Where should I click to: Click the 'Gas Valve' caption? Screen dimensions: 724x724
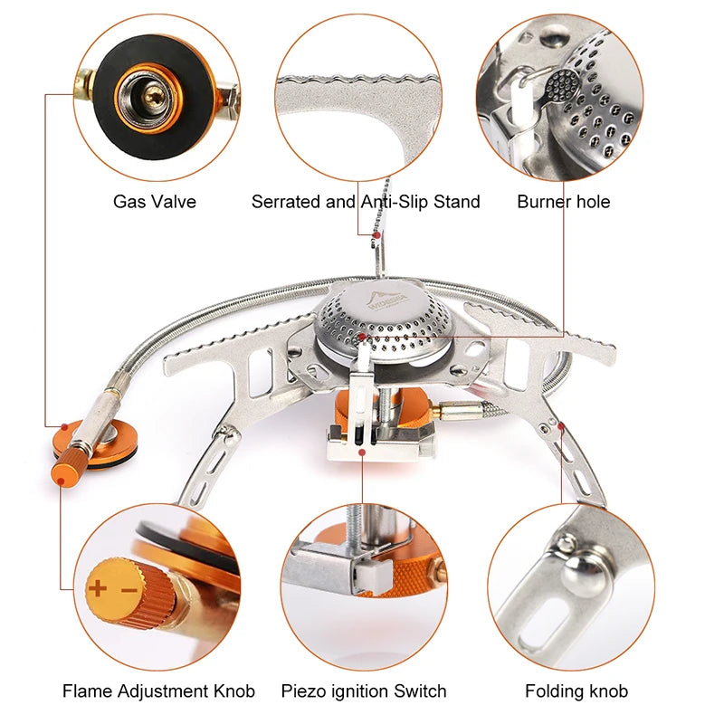click(x=154, y=201)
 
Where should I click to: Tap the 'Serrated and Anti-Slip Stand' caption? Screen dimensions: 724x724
click(x=366, y=201)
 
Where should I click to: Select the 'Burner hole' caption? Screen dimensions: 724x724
click(x=564, y=201)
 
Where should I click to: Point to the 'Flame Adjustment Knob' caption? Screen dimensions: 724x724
click(x=158, y=691)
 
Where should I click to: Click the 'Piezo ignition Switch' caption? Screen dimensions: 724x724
click(x=364, y=691)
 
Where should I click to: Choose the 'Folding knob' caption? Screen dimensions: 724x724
click(x=576, y=691)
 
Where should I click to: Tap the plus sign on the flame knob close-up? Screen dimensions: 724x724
click(x=98, y=589)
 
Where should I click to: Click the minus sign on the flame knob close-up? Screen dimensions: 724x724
click(x=129, y=590)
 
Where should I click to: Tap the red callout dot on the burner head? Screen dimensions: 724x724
click(x=361, y=337)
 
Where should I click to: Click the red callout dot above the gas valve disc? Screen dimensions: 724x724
click(x=65, y=425)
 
